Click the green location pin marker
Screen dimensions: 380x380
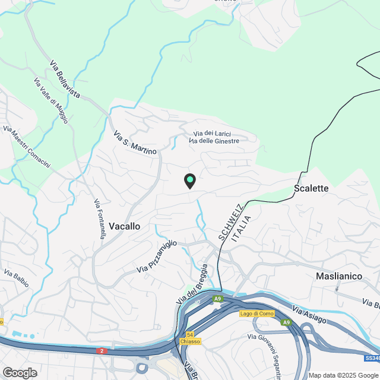189,180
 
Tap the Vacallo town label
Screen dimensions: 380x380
125,226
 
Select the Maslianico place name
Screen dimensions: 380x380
338,276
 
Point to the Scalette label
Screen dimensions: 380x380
311,188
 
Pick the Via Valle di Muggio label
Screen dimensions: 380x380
51,101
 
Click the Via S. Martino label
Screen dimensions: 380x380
135,142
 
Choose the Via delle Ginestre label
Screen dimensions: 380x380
214,141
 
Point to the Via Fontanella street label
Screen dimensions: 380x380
100,219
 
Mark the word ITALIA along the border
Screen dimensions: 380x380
242,228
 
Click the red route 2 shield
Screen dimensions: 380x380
102,351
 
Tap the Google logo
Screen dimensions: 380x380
20,372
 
